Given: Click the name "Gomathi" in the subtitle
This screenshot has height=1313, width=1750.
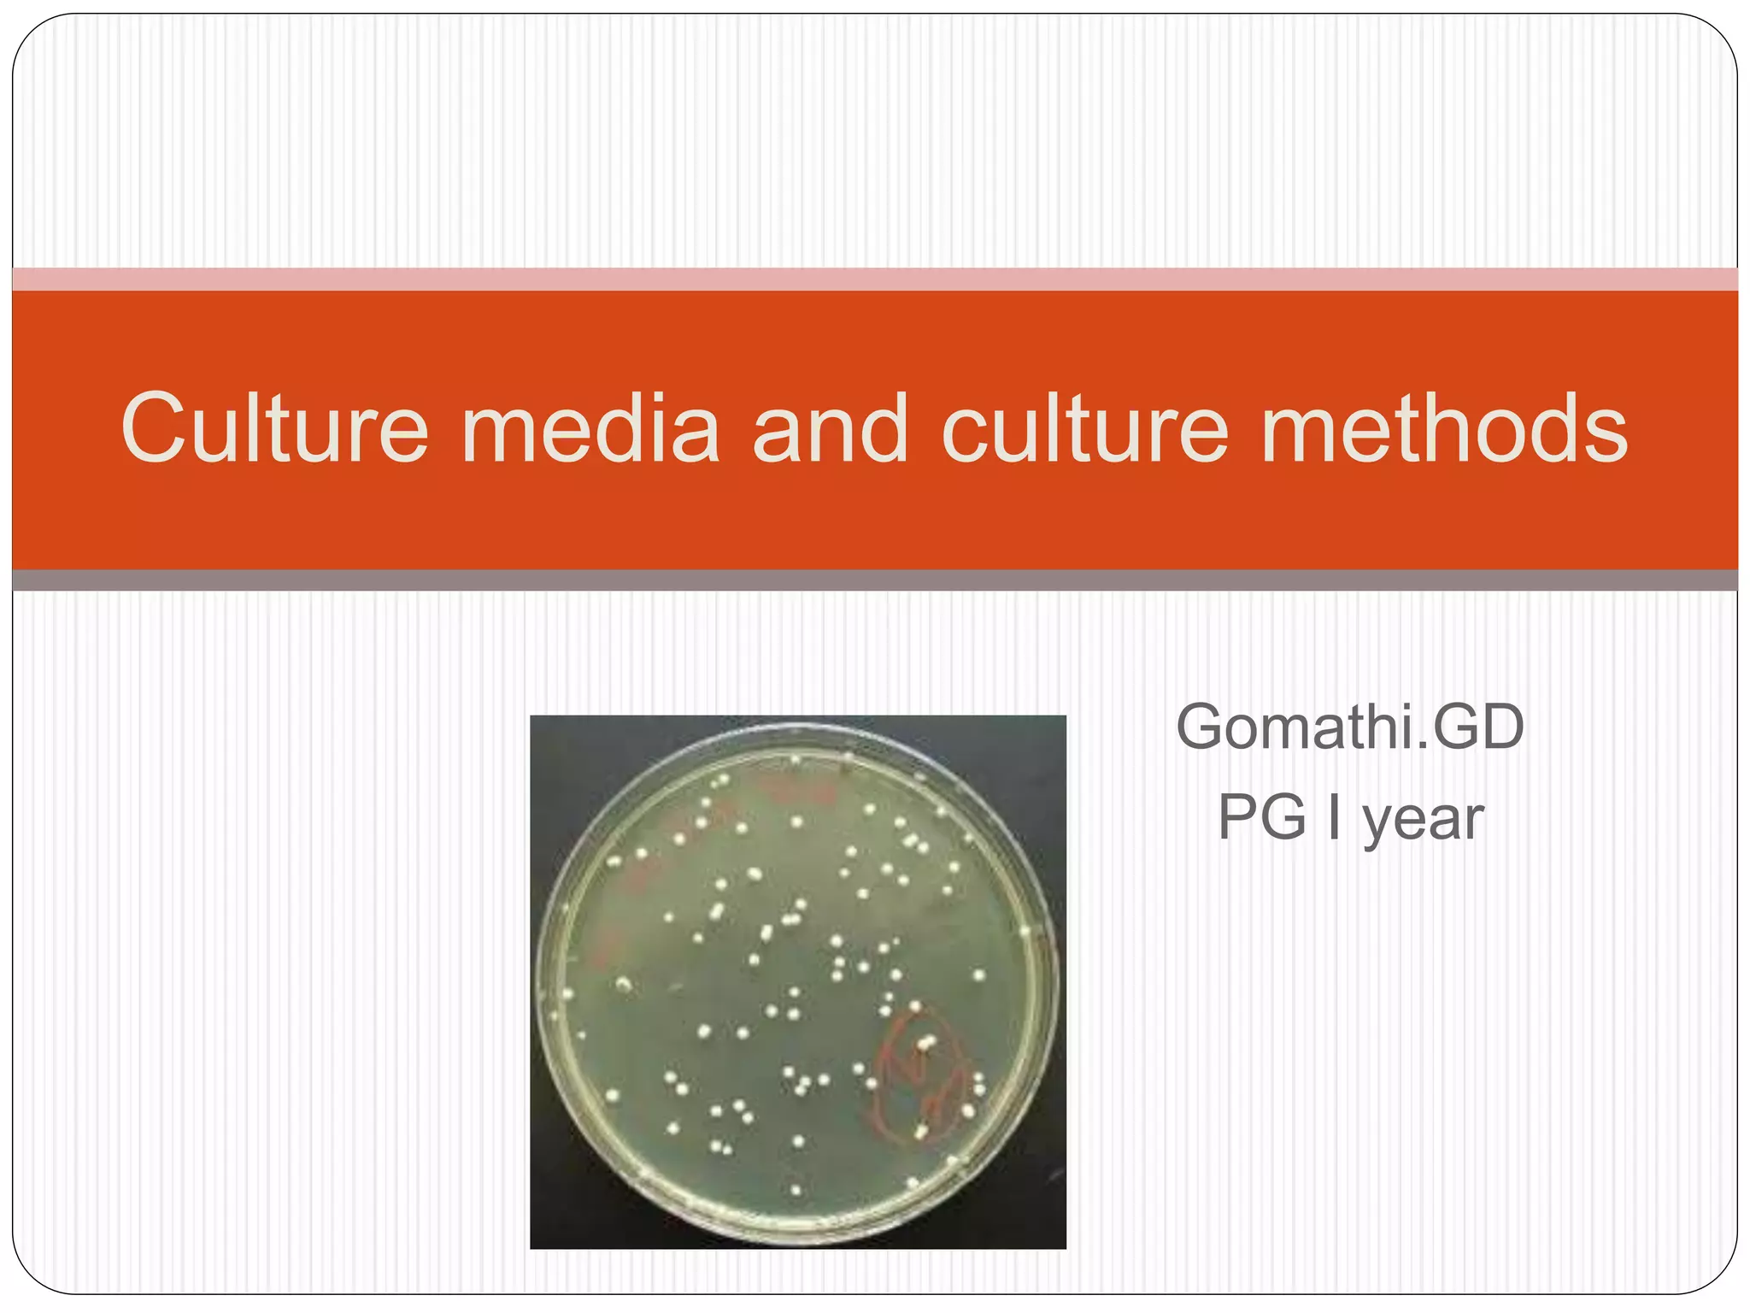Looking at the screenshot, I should [x=1290, y=727].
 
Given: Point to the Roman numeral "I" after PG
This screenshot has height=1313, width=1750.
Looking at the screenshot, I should [x=1335, y=818].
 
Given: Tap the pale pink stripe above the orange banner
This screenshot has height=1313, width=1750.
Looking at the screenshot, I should [x=875, y=280].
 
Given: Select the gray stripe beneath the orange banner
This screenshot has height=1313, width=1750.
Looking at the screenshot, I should [x=875, y=580].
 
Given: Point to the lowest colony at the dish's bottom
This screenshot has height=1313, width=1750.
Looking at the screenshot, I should [x=796, y=1189].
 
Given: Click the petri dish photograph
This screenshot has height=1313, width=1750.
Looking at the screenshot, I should [x=798, y=981].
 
